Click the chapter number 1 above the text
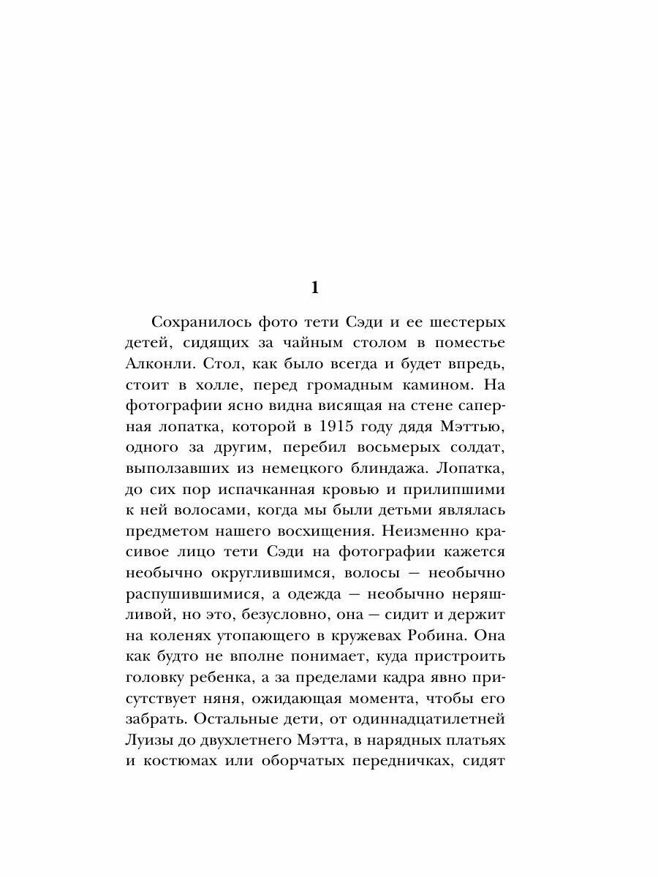coord(315,288)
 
